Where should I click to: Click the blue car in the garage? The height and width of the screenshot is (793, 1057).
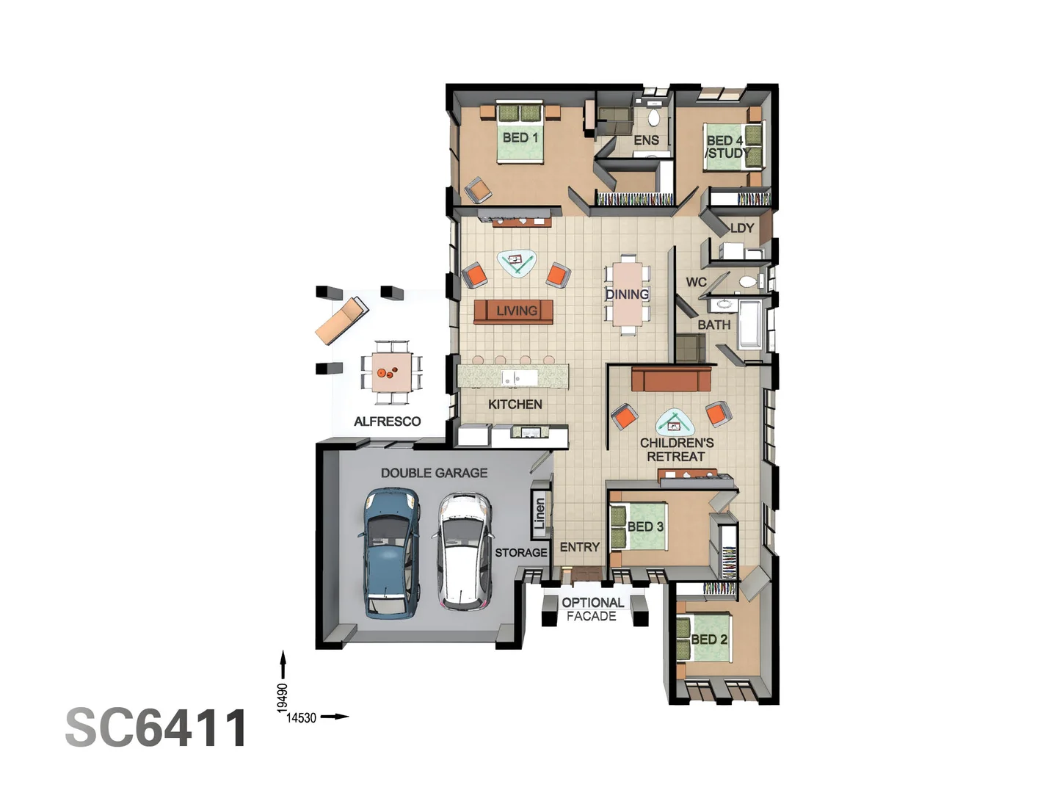tap(392, 554)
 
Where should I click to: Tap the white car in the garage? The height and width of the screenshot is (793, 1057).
tap(464, 551)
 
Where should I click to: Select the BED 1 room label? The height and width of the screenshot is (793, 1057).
tap(520, 137)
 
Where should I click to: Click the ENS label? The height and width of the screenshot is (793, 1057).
tap(646, 140)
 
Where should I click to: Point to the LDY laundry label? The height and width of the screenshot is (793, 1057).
tap(742, 228)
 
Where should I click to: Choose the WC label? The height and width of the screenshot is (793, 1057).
tap(696, 282)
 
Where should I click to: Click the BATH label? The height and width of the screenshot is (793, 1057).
tap(713, 325)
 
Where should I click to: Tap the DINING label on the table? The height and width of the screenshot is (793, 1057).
tap(627, 294)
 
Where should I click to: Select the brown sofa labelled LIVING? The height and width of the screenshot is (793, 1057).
tap(514, 311)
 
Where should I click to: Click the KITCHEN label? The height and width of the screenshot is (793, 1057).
tap(515, 405)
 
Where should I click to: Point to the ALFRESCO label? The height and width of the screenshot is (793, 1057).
tap(388, 421)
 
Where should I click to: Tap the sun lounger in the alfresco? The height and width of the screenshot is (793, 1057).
tap(341, 319)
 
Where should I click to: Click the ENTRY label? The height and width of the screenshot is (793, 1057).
tap(580, 547)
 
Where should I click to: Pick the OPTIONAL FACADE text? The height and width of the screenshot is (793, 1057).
tap(592, 609)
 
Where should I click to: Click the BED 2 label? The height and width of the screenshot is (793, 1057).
tap(709, 640)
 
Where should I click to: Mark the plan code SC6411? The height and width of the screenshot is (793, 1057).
tap(156, 728)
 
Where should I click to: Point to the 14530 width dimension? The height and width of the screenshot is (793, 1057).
tap(301, 718)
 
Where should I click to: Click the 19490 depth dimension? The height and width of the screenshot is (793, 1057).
tap(283, 698)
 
